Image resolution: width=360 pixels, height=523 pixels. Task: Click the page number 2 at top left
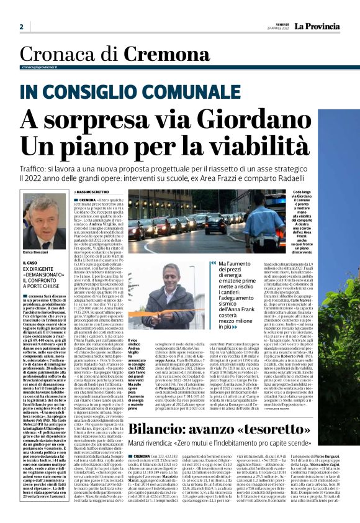(x=21, y=27)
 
